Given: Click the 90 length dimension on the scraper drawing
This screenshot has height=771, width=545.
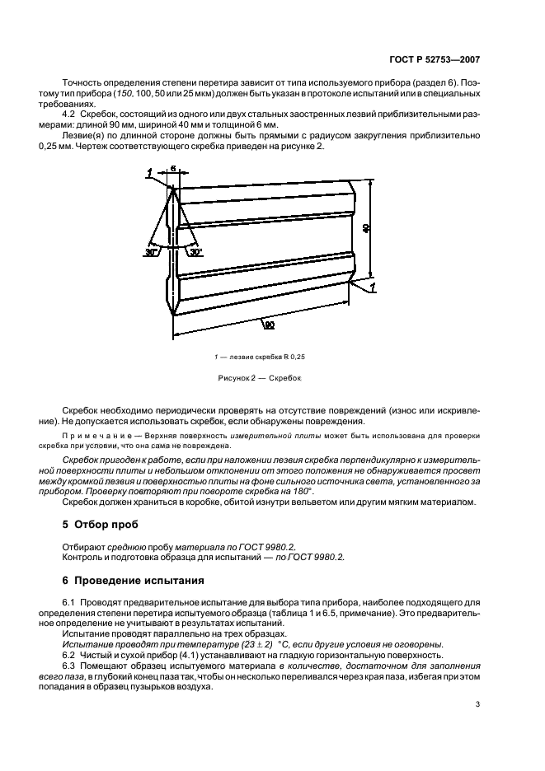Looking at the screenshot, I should (269, 325).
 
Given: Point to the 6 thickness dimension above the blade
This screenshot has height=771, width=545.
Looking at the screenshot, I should (174, 168).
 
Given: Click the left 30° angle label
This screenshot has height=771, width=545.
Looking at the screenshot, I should (151, 253).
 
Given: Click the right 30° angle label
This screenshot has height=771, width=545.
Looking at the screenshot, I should (195, 253).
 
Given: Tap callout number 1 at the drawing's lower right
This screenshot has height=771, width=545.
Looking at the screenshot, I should (374, 287).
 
